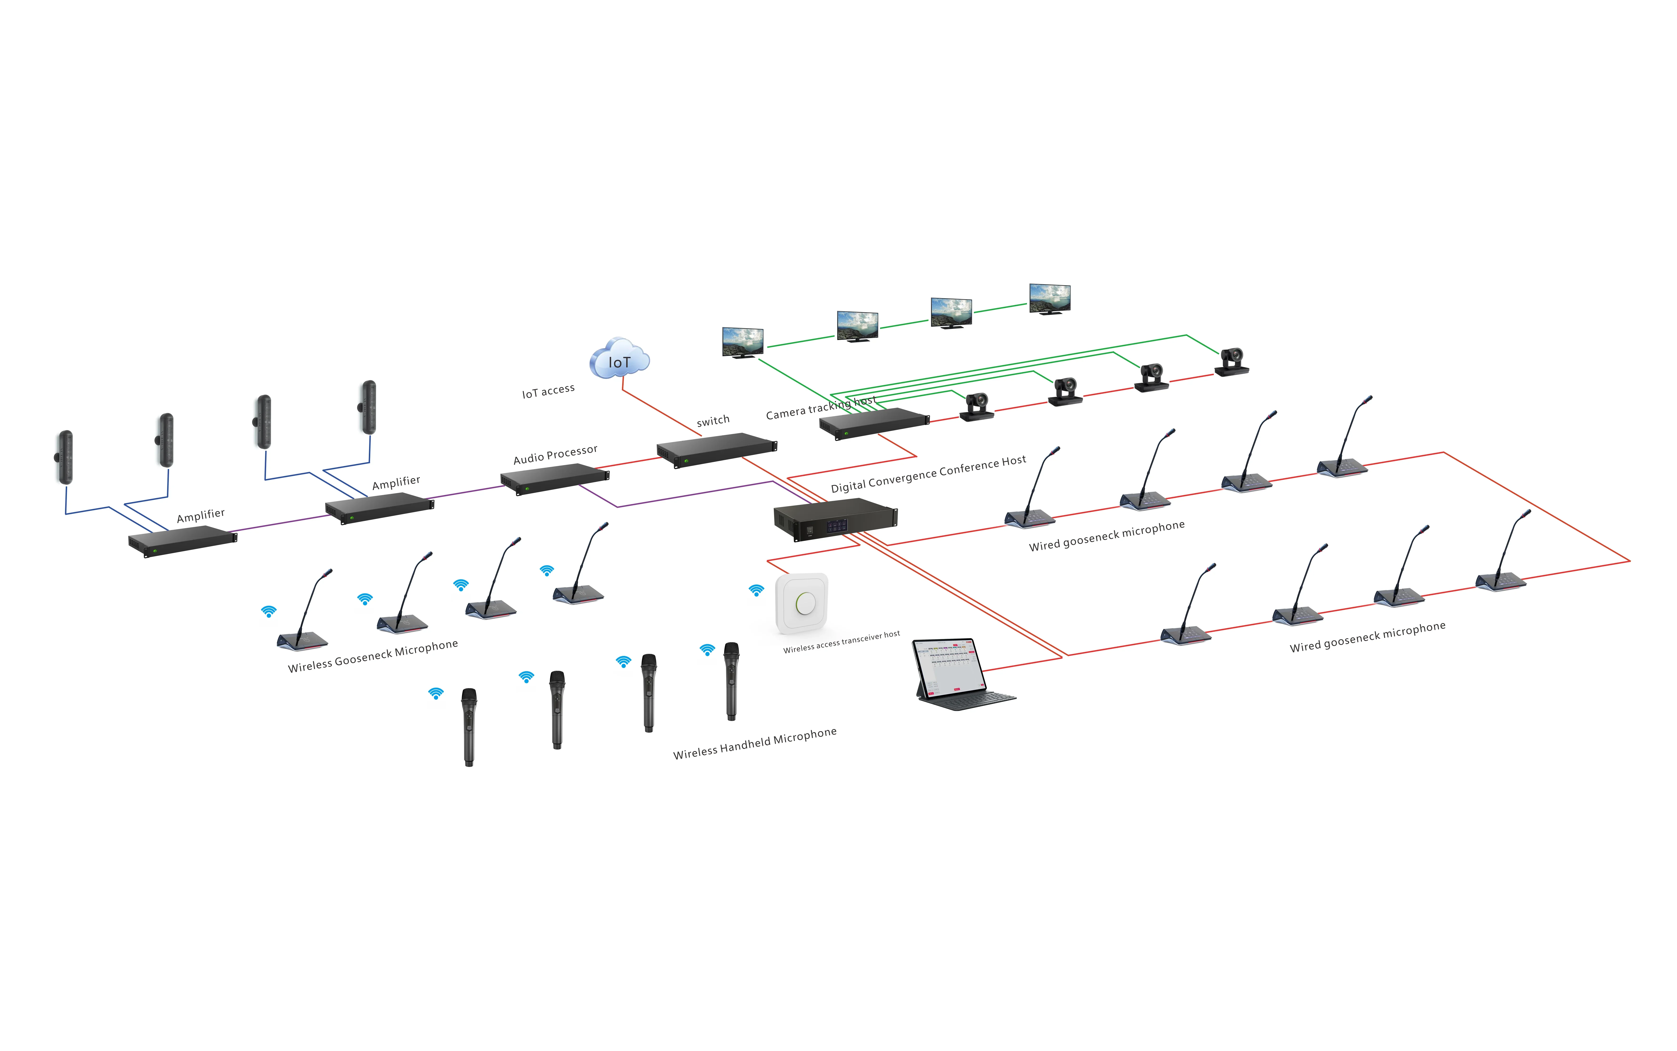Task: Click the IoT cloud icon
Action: (x=619, y=359)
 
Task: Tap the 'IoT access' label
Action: (x=548, y=391)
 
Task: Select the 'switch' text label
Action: (x=713, y=420)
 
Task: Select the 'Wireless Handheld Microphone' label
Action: (x=755, y=743)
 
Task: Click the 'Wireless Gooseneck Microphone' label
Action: (x=373, y=656)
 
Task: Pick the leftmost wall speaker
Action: (x=65, y=457)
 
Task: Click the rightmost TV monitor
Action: (x=1049, y=299)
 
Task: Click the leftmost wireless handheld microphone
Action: (x=469, y=726)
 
